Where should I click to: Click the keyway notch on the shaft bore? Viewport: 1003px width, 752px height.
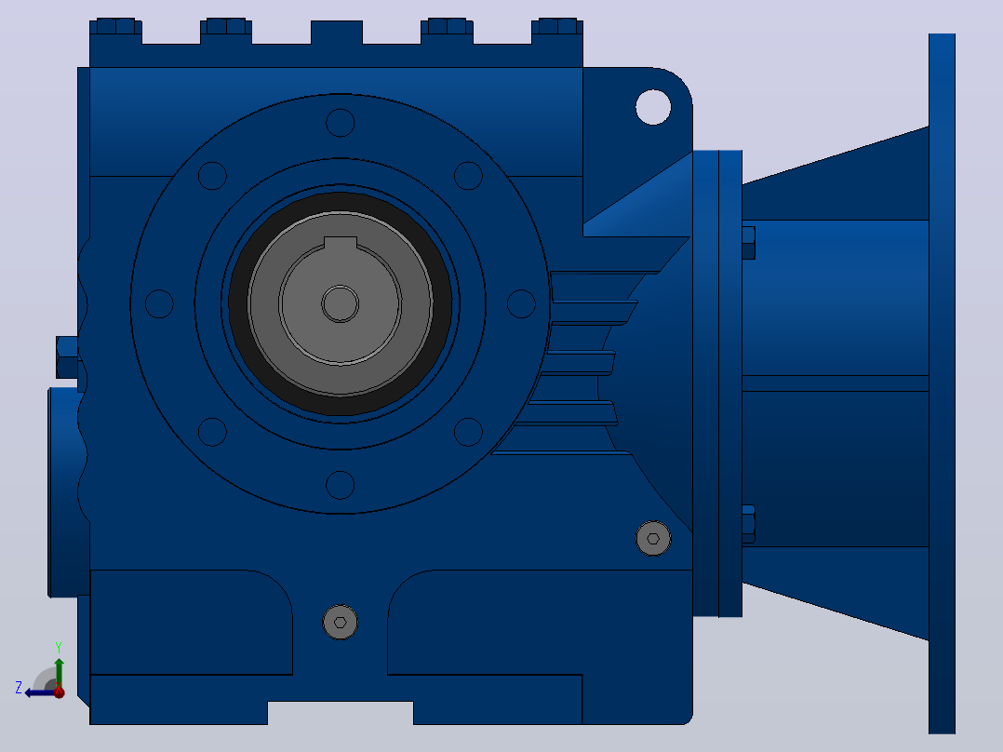click(341, 243)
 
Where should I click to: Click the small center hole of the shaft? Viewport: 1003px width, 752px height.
click(341, 303)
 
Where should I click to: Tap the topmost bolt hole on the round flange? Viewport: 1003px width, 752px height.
click(341, 123)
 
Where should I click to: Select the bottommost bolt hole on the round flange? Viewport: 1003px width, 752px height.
click(341, 485)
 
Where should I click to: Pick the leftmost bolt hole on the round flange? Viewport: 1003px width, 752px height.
click(159, 303)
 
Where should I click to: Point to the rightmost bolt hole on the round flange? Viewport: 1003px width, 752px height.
click(521, 303)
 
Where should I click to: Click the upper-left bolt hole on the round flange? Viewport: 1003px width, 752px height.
click(212, 175)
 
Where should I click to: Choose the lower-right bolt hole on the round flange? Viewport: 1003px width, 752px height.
click(468, 432)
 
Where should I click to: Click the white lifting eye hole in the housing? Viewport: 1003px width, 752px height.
click(653, 107)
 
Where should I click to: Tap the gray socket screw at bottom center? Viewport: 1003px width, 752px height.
click(341, 622)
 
